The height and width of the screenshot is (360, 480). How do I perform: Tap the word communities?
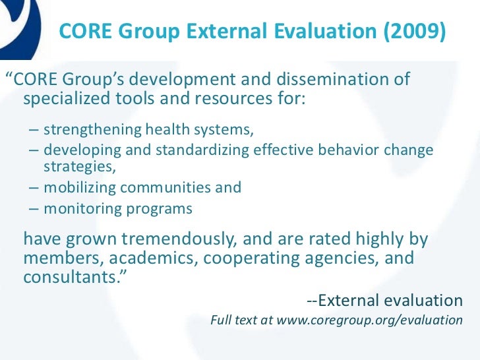pyautogui.click(x=166, y=187)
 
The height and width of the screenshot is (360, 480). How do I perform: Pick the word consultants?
pyautogui.click(x=69, y=277)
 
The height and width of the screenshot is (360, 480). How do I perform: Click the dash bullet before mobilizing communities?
pyautogui.click(x=34, y=187)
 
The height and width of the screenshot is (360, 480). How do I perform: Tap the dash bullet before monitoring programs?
pyautogui.click(x=34, y=209)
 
